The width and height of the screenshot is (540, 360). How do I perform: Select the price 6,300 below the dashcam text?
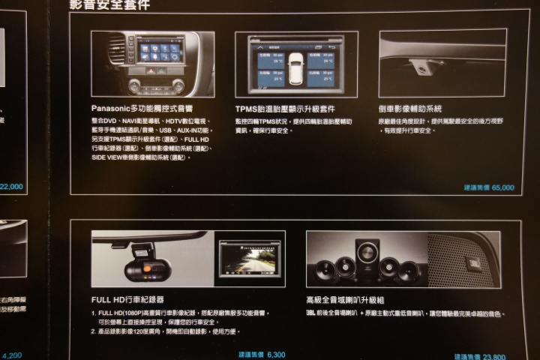[x=275, y=353]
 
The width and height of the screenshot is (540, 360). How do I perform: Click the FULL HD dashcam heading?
[x=128, y=299]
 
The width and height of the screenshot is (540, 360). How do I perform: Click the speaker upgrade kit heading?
[x=345, y=299]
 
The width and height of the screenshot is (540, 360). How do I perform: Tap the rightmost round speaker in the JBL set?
[x=409, y=271]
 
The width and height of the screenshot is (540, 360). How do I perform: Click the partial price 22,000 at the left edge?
[x=12, y=186]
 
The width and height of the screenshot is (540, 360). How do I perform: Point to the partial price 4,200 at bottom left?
[x=12, y=355]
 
